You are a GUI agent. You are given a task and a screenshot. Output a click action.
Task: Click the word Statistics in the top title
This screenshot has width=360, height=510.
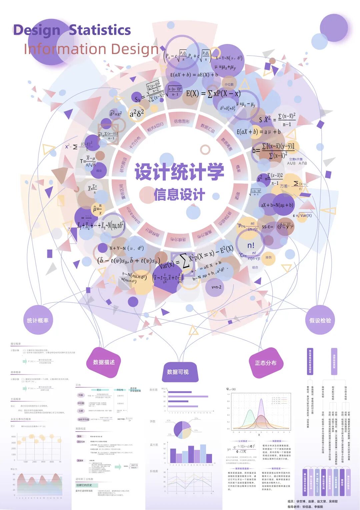[100, 30]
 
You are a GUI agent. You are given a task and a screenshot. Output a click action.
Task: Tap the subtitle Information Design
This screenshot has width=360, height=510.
[91, 49]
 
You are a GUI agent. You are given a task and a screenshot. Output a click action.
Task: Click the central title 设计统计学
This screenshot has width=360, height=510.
[179, 172]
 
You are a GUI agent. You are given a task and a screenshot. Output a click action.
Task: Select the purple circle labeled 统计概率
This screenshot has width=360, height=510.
[38, 320]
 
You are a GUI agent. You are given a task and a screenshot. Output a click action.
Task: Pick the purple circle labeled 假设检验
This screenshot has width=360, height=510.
[320, 320]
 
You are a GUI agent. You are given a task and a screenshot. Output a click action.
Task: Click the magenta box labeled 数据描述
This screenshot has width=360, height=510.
[104, 362]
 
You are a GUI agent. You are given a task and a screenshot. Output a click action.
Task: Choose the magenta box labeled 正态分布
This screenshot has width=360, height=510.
[265, 363]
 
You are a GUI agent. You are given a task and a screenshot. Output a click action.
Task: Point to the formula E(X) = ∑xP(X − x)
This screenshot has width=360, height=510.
[213, 93]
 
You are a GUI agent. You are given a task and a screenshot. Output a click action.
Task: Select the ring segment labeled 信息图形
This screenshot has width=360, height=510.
[182, 121]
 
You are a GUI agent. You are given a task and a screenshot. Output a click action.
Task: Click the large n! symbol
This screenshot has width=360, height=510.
[251, 245]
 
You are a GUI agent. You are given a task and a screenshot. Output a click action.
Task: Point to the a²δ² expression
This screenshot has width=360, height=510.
[137, 113]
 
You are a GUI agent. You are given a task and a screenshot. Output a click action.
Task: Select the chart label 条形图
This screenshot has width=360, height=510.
[153, 390]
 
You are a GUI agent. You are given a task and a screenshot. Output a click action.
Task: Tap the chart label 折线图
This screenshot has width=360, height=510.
[154, 471]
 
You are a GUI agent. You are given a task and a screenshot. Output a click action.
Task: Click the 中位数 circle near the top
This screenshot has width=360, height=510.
[229, 84]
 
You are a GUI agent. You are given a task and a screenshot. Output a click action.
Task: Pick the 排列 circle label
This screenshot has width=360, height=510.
[268, 258]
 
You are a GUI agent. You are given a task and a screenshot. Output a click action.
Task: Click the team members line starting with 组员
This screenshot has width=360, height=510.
[312, 501]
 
